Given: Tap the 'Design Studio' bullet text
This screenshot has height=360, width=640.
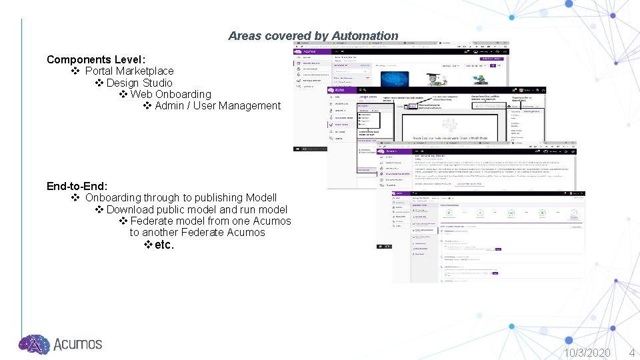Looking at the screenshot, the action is click(x=139, y=83).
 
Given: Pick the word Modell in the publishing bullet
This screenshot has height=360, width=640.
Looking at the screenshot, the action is click(x=261, y=197).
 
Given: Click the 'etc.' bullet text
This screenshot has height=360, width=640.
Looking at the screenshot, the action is click(x=164, y=245).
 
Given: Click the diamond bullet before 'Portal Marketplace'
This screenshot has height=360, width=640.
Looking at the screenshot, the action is click(x=75, y=71).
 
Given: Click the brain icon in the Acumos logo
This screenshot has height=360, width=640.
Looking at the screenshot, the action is click(x=34, y=344).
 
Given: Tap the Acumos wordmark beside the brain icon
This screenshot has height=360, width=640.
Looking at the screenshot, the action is click(x=77, y=344).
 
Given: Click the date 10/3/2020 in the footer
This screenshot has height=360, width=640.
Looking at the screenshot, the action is click(x=587, y=352).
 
